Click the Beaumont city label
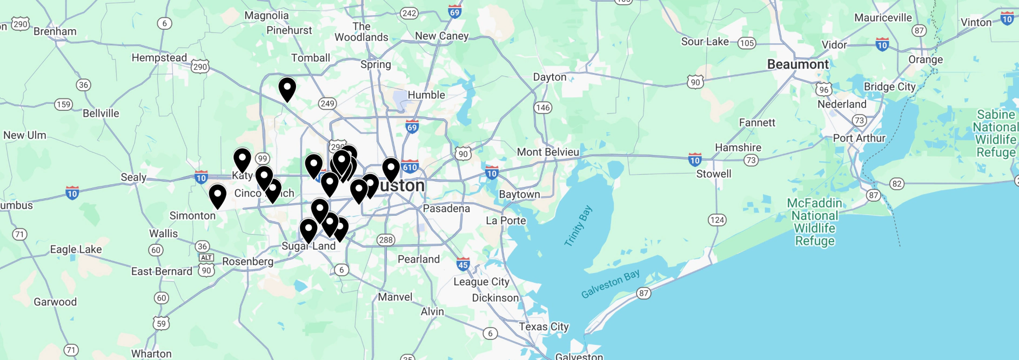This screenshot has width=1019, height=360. [797, 64]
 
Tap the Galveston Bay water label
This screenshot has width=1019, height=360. [611, 284]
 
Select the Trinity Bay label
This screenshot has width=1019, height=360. [578, 226]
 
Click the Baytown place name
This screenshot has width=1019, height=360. [519, 194]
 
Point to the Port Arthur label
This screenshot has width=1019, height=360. [859, 138]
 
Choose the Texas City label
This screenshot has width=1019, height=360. [544, 326]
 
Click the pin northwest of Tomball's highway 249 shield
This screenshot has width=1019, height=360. [287, 88]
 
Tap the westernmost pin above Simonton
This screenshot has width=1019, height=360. [218, 195]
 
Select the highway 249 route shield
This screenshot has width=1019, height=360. [327, 103]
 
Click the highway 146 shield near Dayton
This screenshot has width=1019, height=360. [542, 108]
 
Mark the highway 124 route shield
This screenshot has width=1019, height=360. [717, 219]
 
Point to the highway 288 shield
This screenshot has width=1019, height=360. [386, 240]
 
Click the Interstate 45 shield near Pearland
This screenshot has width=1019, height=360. [463, 264]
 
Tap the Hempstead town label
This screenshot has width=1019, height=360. [159, 58]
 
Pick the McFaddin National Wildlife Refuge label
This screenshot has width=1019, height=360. [814, 222]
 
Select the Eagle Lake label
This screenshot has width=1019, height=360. [76, 249]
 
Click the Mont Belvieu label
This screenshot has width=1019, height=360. [548, 152]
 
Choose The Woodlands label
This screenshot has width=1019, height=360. [361, 32]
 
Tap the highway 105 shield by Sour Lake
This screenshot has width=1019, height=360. [747, 43]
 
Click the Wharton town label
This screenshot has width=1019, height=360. [151, 354]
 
